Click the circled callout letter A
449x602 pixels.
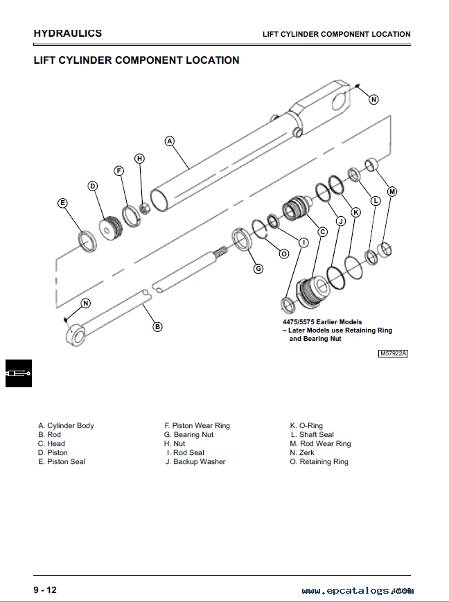pyautogui.click(x=169, y=141)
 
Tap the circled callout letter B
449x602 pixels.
pyautogui.click(x=157, y=326)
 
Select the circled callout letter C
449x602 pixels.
pyautogui.click(x=322, y=232)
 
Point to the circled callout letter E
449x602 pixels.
pyautogui.click(x=62, y=203)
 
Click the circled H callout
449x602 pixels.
pyautogui.click(x=139, y=159)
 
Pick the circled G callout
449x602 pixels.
pyautogui.click(x=258, y=268)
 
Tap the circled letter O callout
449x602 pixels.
pyautogui.click(x=283, y=254)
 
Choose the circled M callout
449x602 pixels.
pyautogui.click(x=391, y=191)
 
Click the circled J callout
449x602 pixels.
pyautogui.click(x=340, y=221)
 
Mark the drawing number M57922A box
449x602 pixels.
pyautogui.click(x=393, y=353)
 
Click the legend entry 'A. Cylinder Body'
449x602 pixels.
pyautogui.click(x=66, y=425)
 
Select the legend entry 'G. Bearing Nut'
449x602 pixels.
pyautogui.click(x=188, y=434)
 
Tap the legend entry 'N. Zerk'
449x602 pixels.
pyautogui.click(x=302, y=452)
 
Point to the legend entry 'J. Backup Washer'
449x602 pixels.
pyautogui.click(x=195, y=461)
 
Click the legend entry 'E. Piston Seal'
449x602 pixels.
pyautogui.click(x=62, y=461)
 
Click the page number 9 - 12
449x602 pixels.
pyautogui.click(x=45, y=590)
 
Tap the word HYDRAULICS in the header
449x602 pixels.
pyautogui.click(x=68, y=33)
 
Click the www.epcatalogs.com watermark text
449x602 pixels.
pyautogui.click(x=357, y=591)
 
